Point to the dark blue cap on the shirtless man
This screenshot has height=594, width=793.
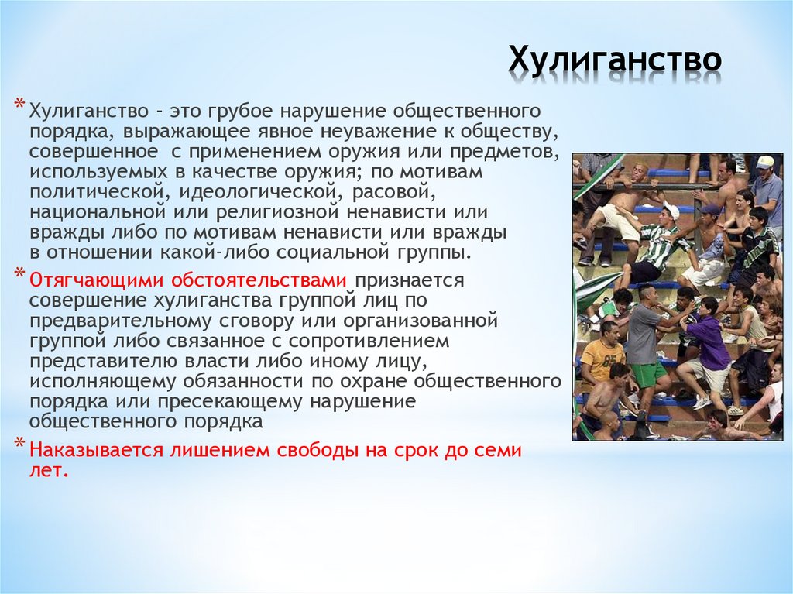click(x=710, y=210)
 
